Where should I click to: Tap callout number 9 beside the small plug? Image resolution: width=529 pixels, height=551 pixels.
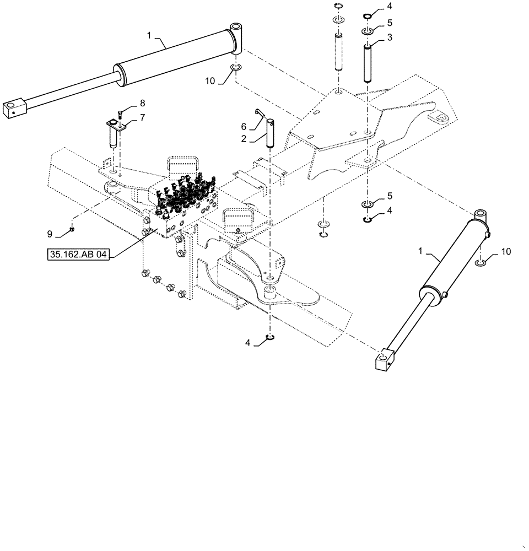click(x=50, y=234)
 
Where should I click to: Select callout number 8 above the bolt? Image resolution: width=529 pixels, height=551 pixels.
click(x=142, y=102)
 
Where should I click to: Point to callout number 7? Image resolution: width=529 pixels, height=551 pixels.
click(x=142, y=117)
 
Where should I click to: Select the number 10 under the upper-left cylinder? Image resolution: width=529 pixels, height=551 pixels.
click(x=210, y=81)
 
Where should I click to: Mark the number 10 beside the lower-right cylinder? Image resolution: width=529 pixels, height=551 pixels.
click(x=505, y=251)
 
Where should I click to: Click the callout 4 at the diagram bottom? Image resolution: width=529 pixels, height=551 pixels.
click(x=248, y=343)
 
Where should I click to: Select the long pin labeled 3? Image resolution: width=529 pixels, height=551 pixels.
click(x=367, y=63)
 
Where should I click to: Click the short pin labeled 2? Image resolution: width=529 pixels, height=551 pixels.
click(x=270, y=134)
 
